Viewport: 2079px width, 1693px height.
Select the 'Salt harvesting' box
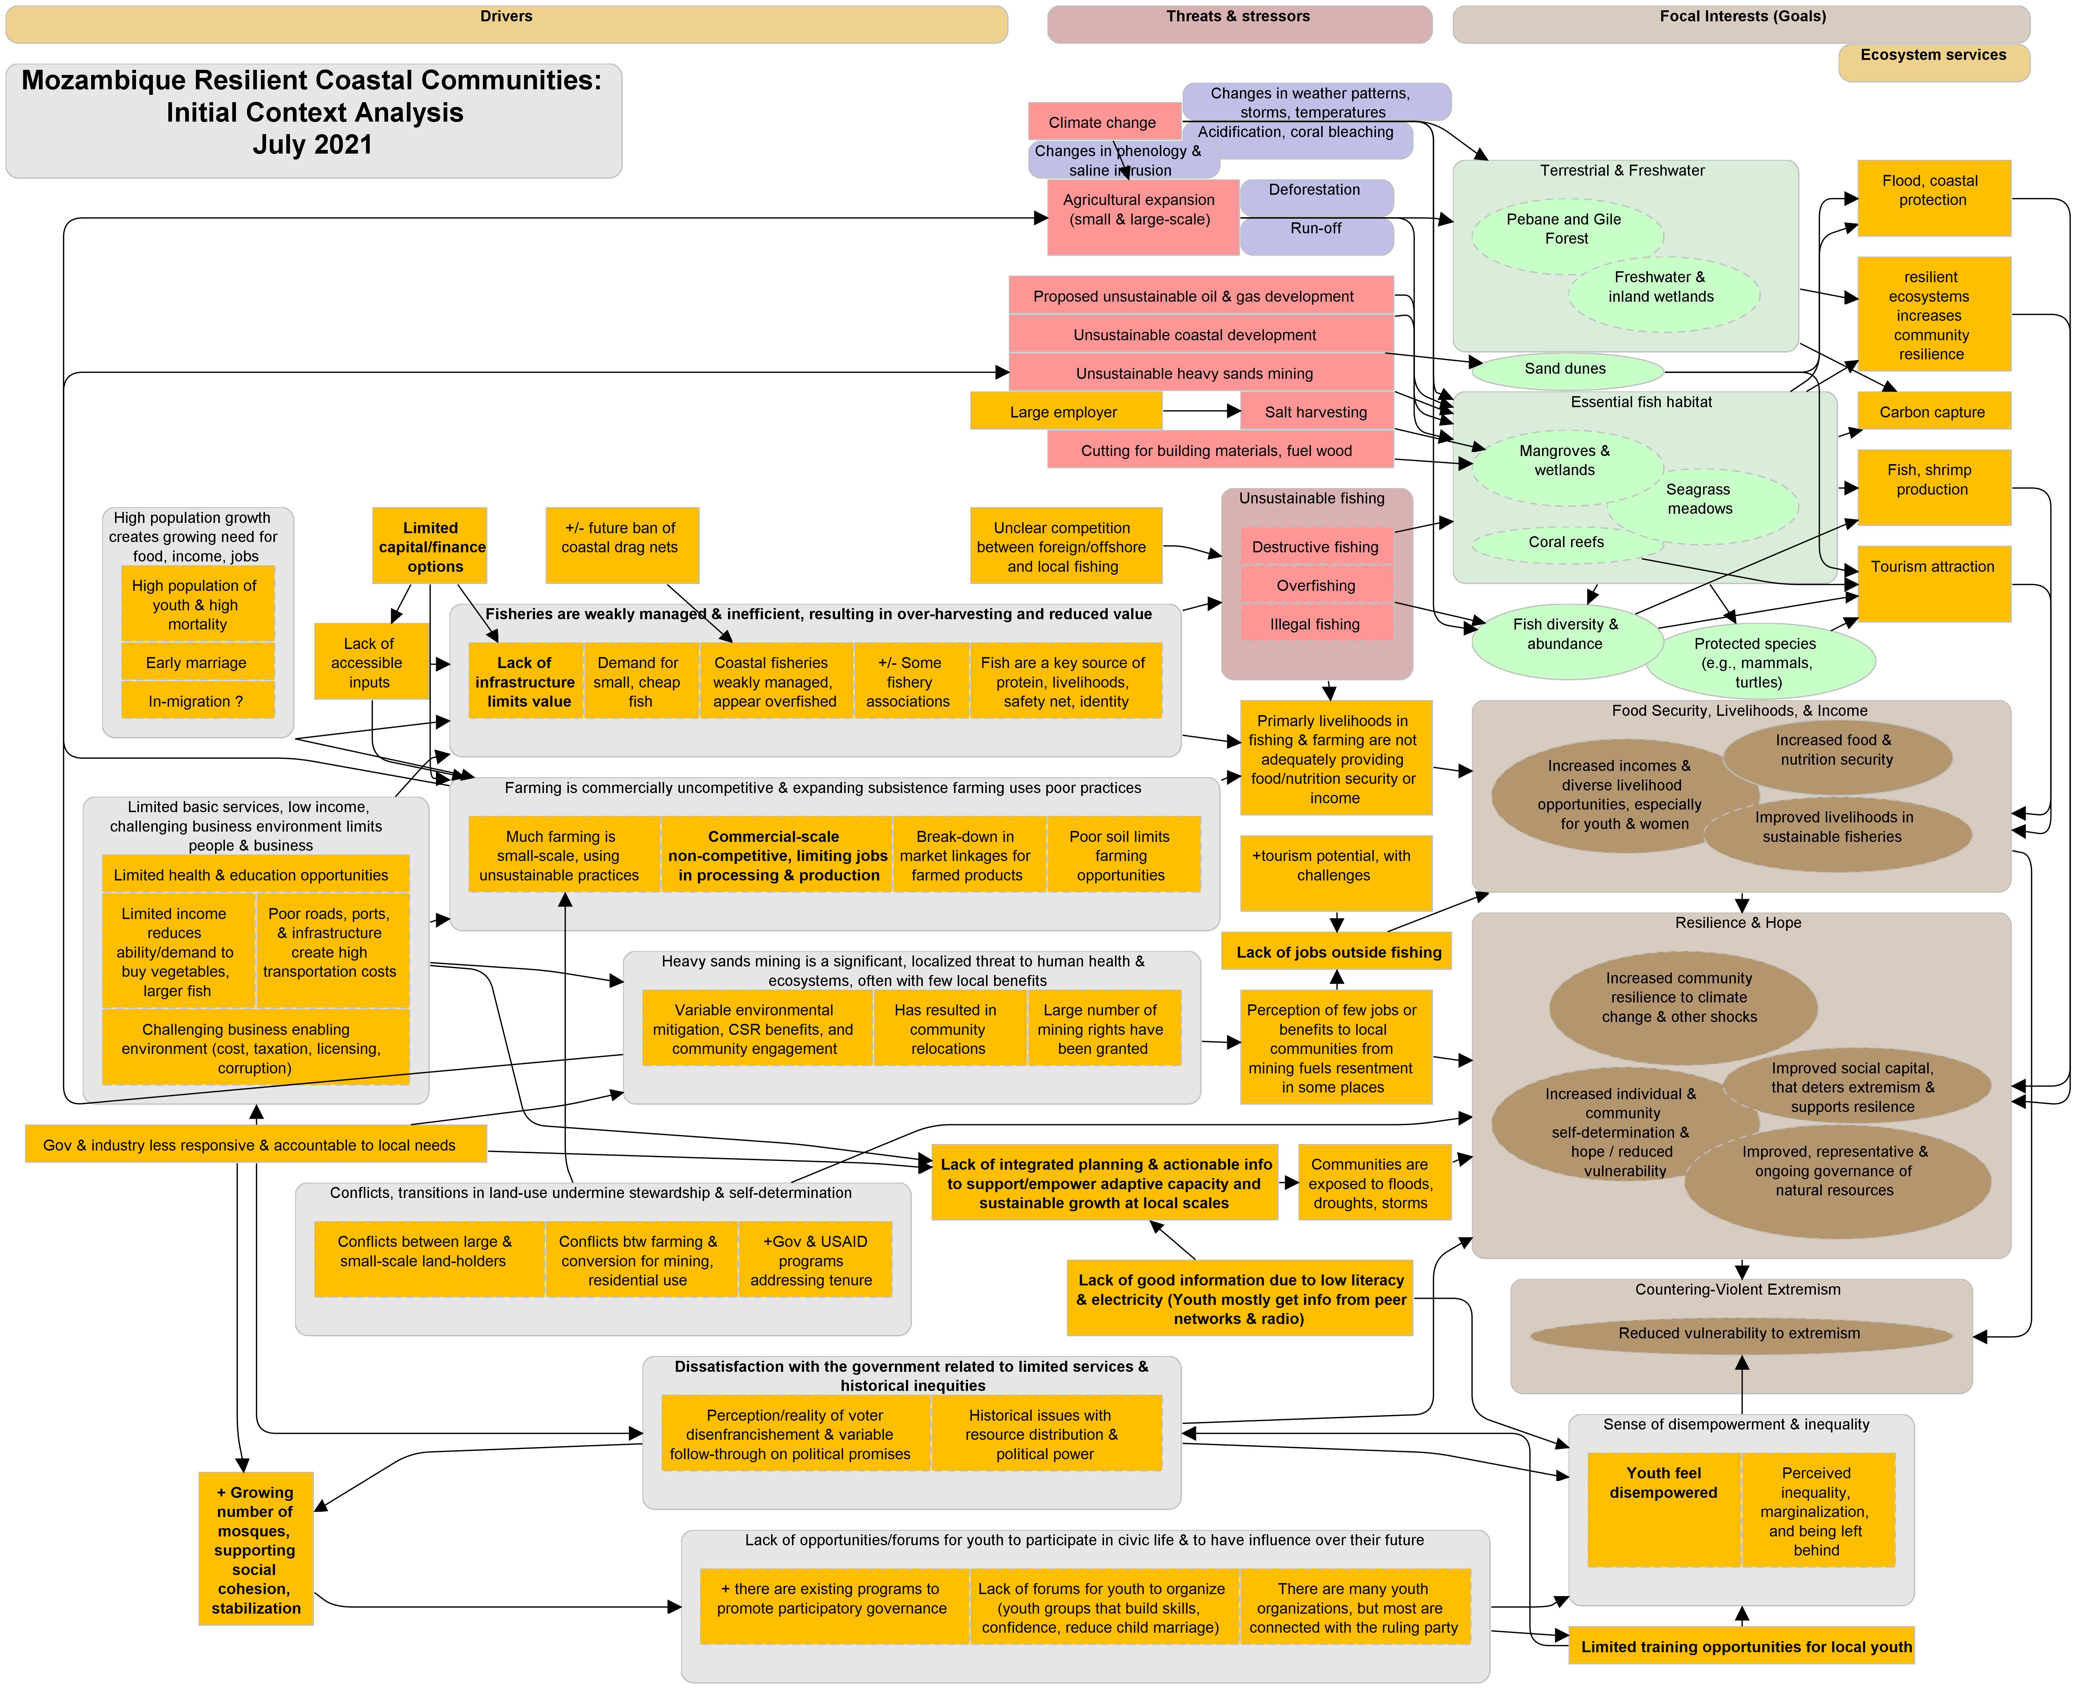pos(1316,412)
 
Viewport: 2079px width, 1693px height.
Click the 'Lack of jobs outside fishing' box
pos(1337,952)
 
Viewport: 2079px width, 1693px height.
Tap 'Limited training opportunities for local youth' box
pos(1742,1646)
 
